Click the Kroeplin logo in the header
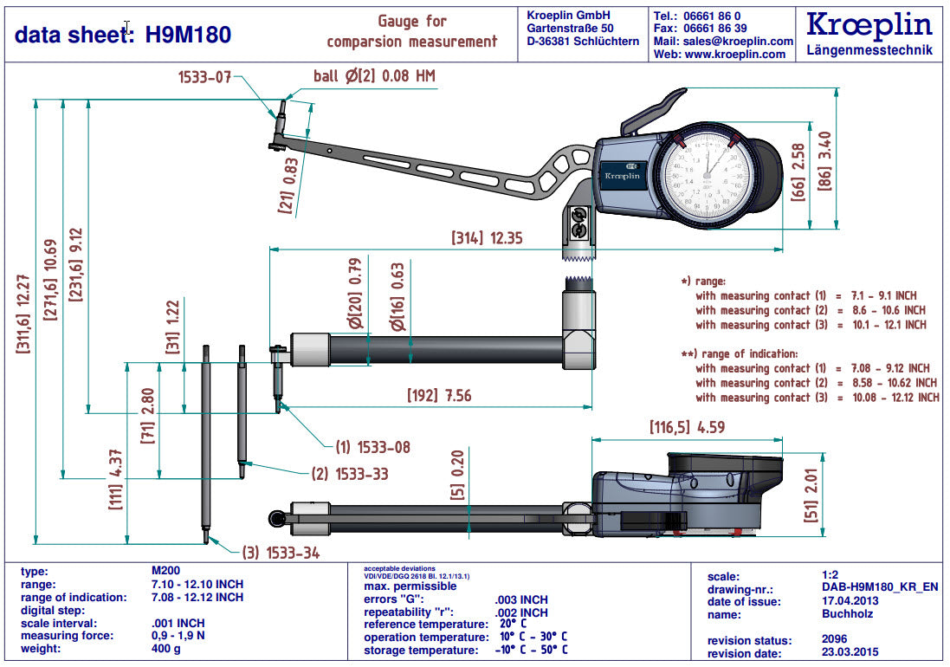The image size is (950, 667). [869, 24]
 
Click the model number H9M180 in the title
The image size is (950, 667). [188, 35]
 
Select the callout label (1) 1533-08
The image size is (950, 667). [372, 448]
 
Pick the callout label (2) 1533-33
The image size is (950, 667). [350, 474]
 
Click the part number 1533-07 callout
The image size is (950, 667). [205, 77]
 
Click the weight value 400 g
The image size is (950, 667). [165, 649]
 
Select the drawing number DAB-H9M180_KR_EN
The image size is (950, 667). [880, 588]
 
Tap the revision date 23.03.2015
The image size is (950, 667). [850, 654]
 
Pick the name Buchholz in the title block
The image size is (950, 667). [848, 614]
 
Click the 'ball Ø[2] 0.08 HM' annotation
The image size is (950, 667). [374, 76]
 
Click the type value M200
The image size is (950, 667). [166, 571]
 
